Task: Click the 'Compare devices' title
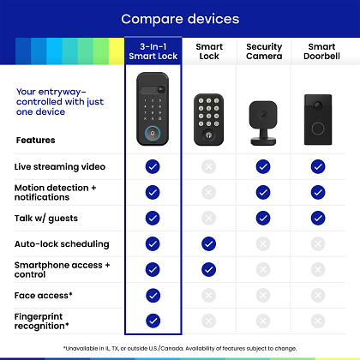[x=180, y=19]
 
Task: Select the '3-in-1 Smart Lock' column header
[x=153, y=51]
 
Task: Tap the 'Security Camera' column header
[x=264, y=51]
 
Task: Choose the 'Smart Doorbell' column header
[x=321, y=51]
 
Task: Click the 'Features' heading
[x=36, y=140]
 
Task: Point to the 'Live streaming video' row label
[x=60, y=166]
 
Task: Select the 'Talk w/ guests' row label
[x=46, y=219]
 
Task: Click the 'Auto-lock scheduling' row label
[x=62, y=244]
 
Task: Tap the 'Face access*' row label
[x=44, y=295]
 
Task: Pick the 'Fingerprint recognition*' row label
[x=42, y=321]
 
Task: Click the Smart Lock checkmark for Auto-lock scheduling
[x=208, y=244]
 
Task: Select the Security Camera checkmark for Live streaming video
[x=263, y=166]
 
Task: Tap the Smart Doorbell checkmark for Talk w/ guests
[x=318, y=219]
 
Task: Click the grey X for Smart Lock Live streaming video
[x=208, y=166]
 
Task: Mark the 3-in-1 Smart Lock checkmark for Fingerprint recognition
[x=153, y=321]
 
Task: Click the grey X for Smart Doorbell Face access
[x=318, y=295]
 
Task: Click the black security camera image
[x=263, y=123]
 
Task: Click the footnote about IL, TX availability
[x=180, y=348]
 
